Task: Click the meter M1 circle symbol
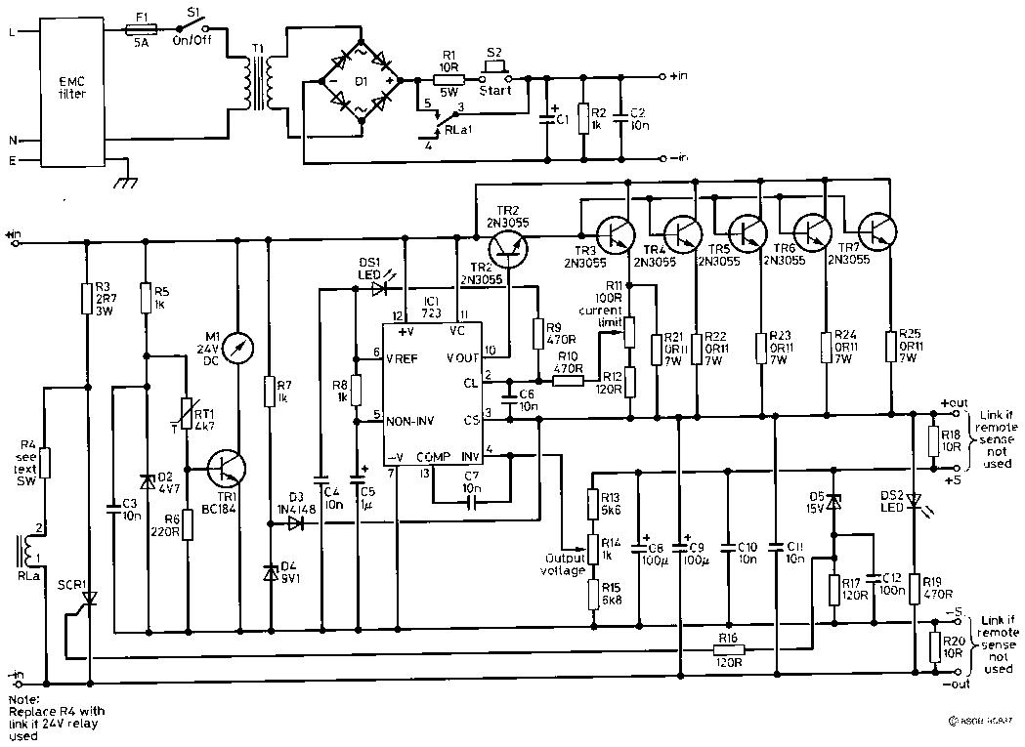[237, 347]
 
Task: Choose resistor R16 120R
[727, 649]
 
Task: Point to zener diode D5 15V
[833, 502]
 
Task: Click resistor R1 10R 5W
[448, 77]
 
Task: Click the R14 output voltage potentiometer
[592, 544]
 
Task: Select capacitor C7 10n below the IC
[471, 503]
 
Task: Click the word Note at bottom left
[20, 699]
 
